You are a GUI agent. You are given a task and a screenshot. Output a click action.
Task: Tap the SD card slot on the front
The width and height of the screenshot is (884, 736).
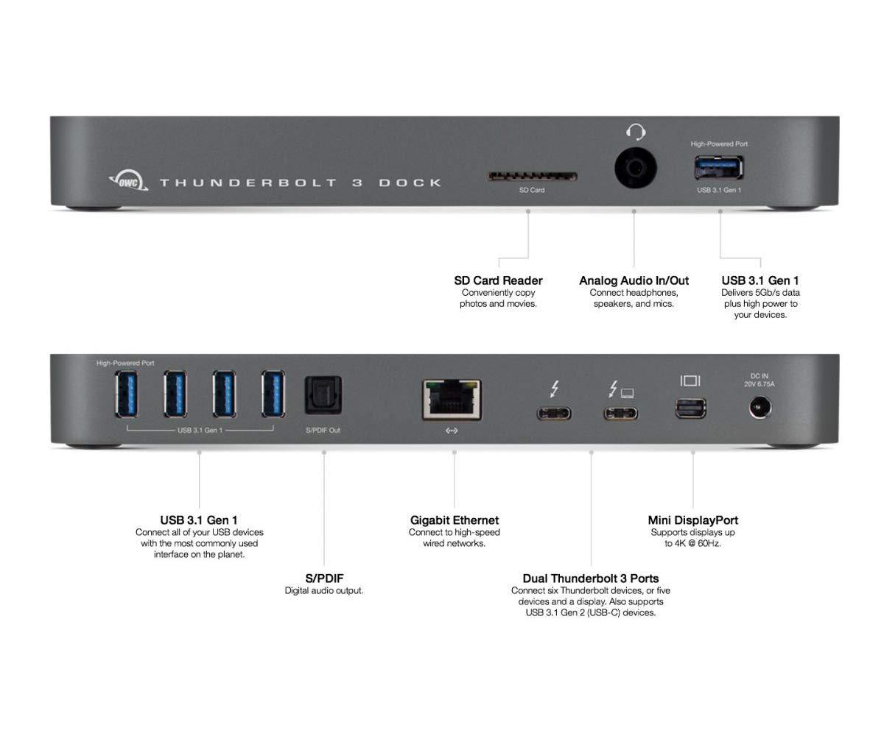pos(532,177)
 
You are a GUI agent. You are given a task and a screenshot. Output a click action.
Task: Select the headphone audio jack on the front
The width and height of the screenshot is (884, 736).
pos(635,168)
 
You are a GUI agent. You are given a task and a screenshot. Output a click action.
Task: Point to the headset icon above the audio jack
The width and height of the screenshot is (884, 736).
pos(635,132)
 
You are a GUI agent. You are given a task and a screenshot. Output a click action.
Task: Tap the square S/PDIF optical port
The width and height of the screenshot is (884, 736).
pos(323,395)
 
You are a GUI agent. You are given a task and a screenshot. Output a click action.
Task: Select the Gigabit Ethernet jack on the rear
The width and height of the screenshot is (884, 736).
pos(452,399)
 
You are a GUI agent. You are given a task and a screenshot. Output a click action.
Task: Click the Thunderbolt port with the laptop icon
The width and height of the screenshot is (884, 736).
pos(620,412)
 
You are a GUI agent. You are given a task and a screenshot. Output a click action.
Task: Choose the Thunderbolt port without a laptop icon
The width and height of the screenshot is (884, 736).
pos(553,412)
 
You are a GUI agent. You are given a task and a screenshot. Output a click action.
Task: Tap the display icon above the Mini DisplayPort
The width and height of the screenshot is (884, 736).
pos(690,381)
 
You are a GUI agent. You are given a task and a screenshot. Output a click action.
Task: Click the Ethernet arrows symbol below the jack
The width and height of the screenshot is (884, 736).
pos(452,431)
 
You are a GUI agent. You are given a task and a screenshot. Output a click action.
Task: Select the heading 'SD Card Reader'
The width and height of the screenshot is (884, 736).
pos(498,280)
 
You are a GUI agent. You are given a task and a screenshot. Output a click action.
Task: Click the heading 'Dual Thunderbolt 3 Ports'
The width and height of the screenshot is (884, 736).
pos(590,578)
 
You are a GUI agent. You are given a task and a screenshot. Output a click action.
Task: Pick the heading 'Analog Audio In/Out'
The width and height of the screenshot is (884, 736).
pos(634,280)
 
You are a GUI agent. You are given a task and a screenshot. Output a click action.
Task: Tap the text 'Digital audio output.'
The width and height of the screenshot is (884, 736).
pos(324,590)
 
